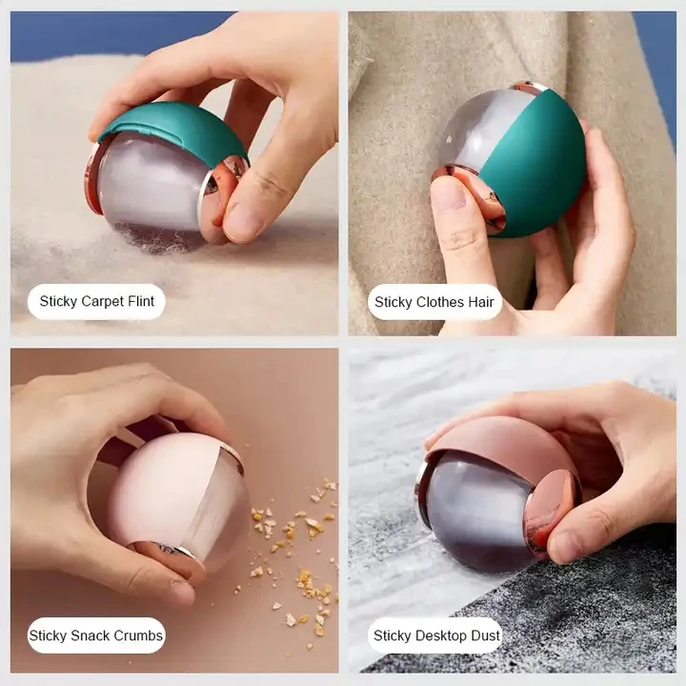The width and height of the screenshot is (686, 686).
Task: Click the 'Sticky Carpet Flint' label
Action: (x=96, y=302)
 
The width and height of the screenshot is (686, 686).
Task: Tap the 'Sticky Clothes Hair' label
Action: (x=434, y=302)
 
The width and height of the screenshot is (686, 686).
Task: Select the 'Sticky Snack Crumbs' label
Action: (x=96, y=636)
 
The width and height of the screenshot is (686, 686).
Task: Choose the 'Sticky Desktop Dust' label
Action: (x=436, y=636)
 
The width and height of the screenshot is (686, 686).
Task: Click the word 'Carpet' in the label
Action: (x=103, y=302)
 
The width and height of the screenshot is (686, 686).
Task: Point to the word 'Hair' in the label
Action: (x=481, y=302)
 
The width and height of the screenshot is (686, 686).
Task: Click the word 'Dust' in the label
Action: (x=484, y=636)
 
